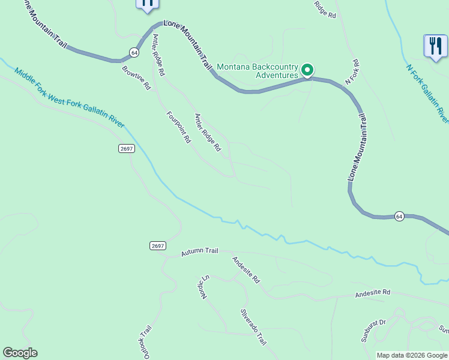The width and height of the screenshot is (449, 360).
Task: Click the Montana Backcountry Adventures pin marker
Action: point(307,70)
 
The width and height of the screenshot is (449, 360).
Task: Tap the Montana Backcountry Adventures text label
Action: point(257,71)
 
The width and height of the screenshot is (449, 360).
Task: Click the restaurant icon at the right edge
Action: point(436,46)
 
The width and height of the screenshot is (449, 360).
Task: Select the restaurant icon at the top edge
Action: point(147,4)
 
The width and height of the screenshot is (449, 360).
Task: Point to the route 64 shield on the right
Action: point(399,216)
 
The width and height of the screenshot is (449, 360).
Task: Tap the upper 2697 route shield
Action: point(125,149)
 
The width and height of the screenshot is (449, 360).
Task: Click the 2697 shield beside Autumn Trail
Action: point(157,246)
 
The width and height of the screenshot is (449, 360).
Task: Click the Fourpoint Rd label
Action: point(178,127)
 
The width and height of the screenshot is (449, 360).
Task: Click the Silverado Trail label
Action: point(253,327)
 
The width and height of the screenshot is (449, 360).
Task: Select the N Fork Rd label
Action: point(352,71)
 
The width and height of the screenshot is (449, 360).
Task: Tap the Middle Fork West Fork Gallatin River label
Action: point(70,98)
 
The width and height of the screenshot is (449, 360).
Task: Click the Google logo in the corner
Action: point(20,353)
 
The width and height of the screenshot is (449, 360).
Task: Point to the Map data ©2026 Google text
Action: point(411,355)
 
